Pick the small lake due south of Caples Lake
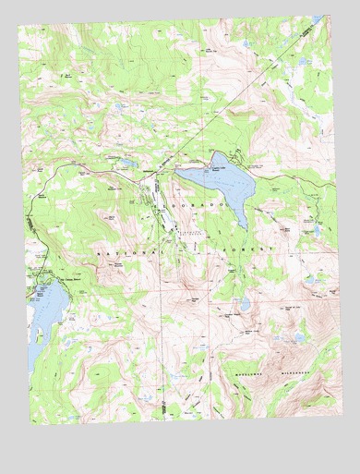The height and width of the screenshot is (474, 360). click(244, 303)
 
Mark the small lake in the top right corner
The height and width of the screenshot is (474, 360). click(317, 19)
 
